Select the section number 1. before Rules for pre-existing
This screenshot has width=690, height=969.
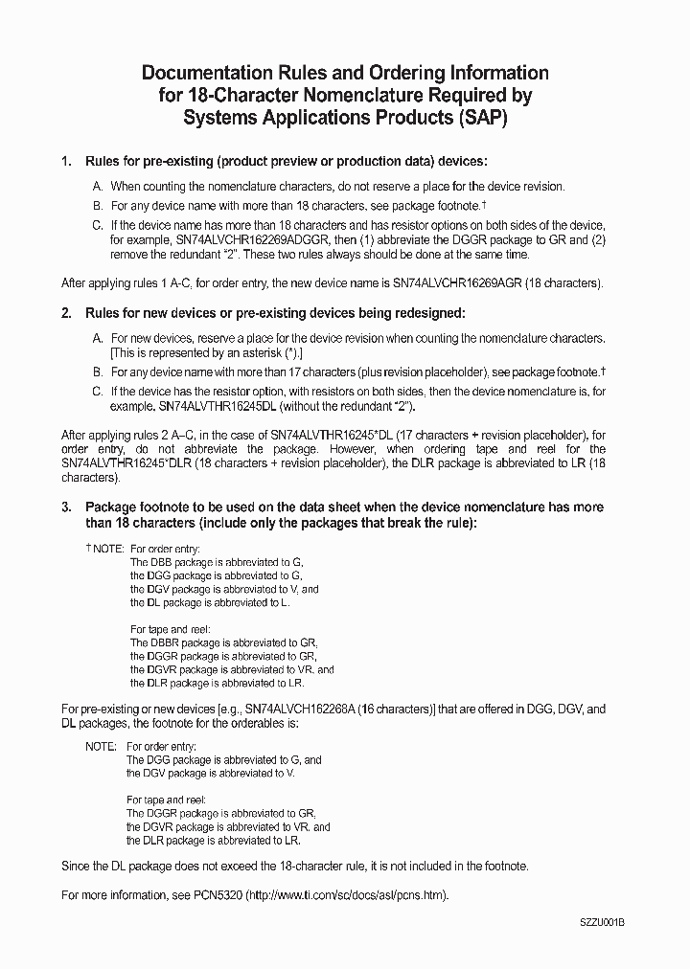click(66, 161)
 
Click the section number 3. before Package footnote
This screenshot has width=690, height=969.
click(66, 507)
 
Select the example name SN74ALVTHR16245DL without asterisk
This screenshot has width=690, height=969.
click(213, 405)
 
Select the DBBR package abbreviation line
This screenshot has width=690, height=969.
click(223, 642)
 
